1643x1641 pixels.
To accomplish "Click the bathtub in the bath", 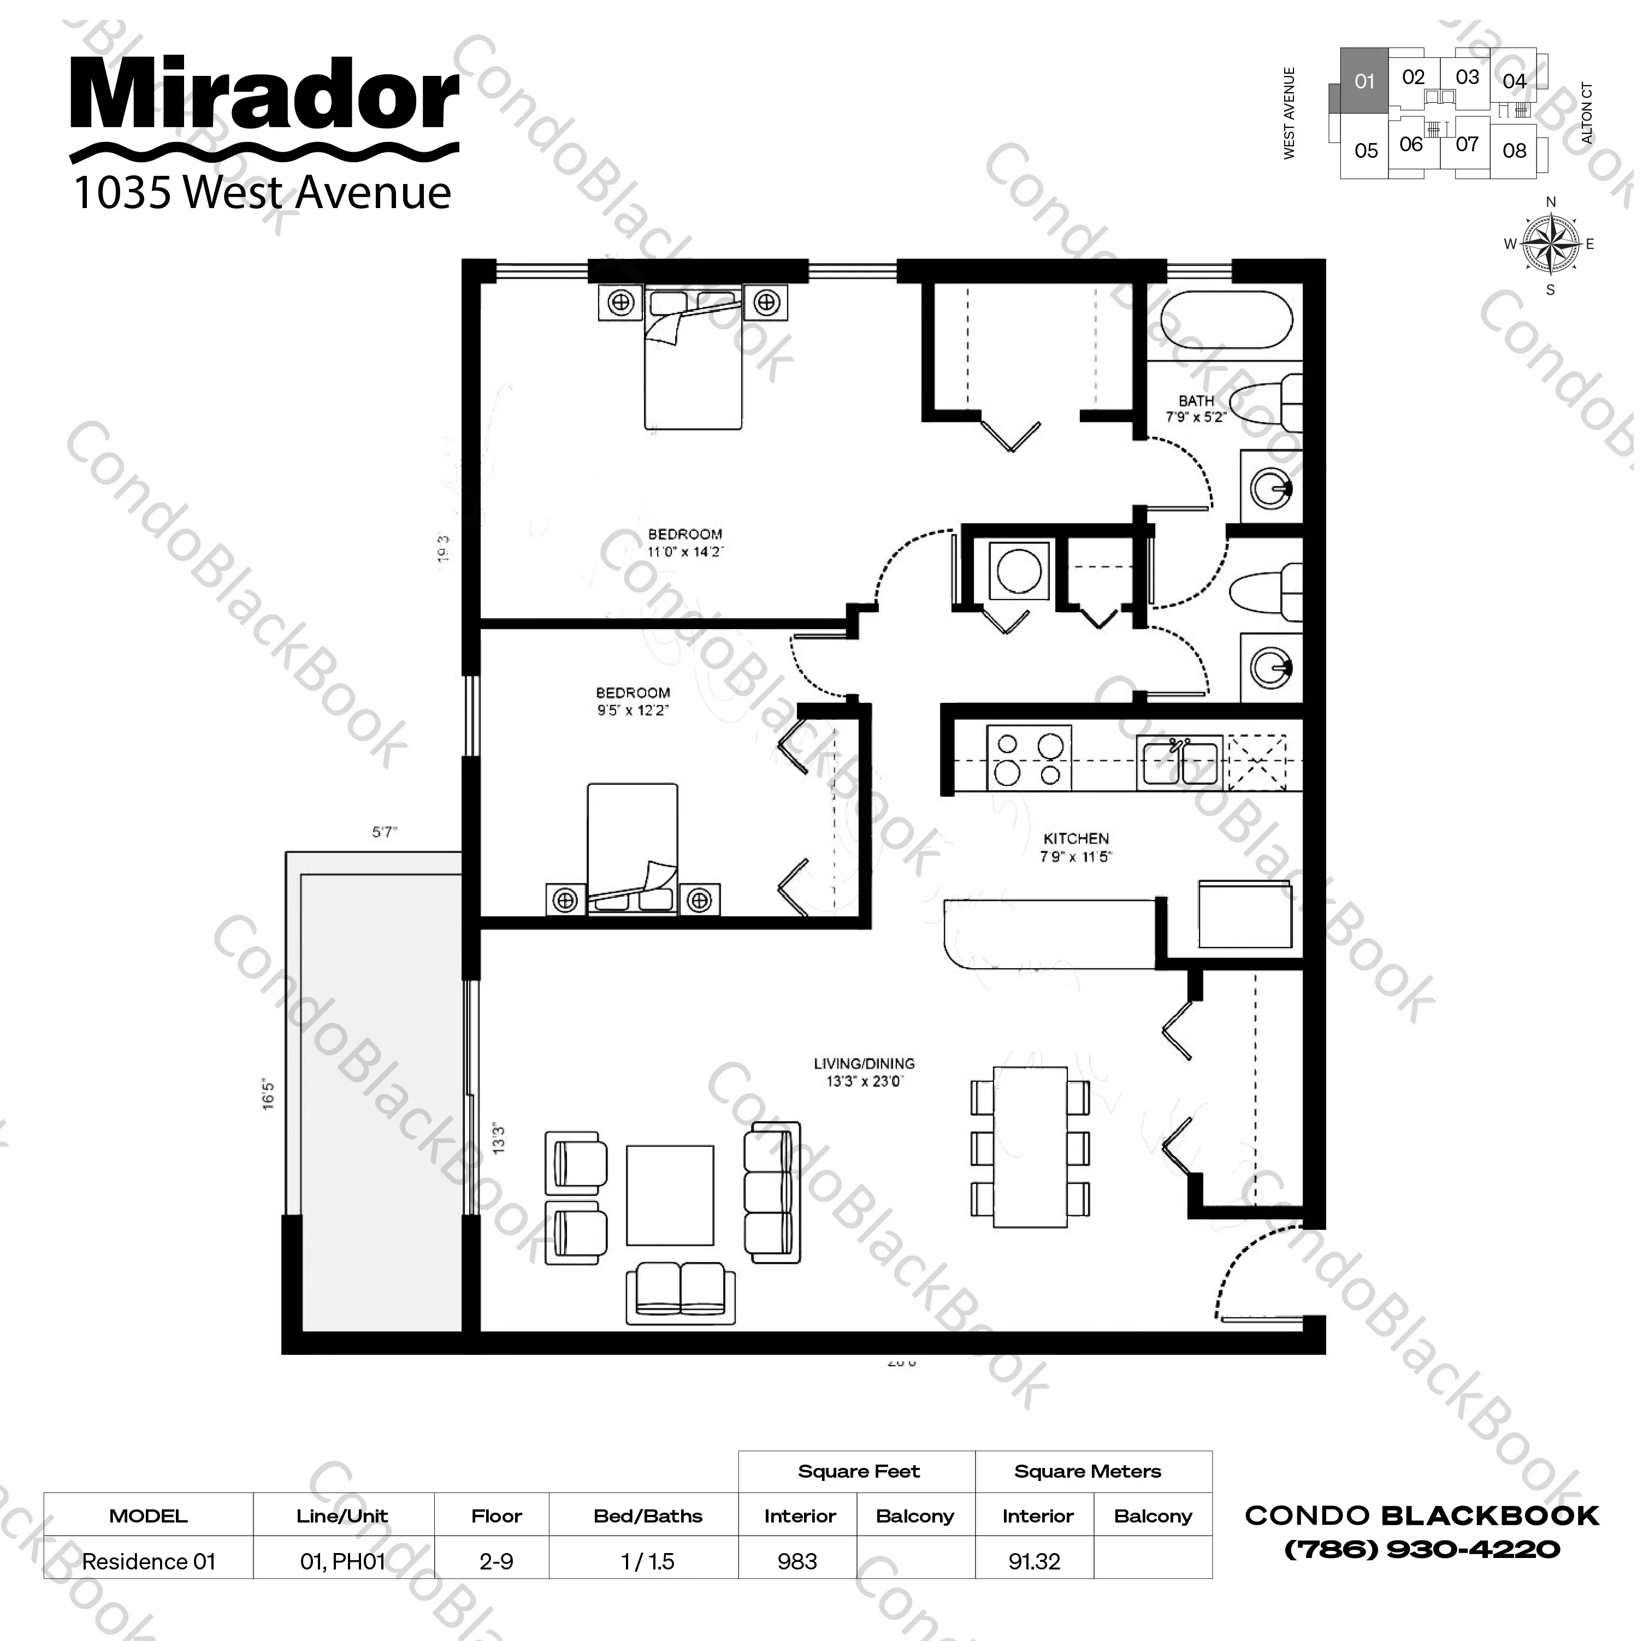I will click(1220, 321).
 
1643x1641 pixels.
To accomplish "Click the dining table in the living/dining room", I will click(1030, 1147).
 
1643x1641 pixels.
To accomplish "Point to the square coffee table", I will click(670, 1195).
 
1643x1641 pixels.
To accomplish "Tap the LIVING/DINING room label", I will click(864, 1064).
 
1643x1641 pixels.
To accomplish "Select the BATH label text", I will click(1196, 400).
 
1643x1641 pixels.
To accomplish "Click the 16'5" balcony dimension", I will click(269, 1094).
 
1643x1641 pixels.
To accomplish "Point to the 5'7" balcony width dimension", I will click(385, 832).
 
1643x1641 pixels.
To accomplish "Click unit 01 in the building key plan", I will click(1364, 81).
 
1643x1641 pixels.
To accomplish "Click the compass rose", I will click(1550, 245).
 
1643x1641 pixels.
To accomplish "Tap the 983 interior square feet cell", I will click(797, 1561).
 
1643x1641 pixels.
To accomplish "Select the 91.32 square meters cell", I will click(1034, 1561).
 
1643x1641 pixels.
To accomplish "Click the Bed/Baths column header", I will click(648, 1516).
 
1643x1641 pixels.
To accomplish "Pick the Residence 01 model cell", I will click(149, 1561).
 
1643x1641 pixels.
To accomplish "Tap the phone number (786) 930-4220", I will click(1422, 1549).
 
